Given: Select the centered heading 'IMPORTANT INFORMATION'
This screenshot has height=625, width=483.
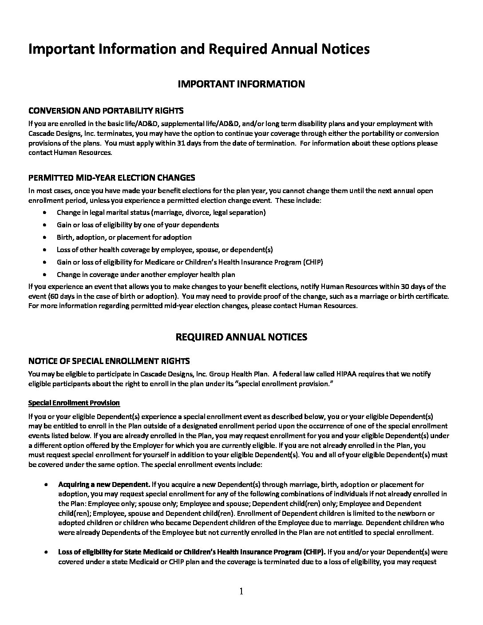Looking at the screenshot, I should [241, 84].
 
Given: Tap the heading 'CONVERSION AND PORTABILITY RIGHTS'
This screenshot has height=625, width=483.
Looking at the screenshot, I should [106, 111].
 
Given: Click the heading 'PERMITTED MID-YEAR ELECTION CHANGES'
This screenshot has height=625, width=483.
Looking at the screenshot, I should [111, 178].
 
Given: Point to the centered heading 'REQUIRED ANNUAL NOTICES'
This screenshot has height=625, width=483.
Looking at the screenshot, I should [241, 337].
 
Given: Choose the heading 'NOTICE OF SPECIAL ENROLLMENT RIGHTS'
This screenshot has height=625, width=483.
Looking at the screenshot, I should [109, 360].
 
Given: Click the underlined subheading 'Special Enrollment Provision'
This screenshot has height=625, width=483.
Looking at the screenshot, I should [74, 403].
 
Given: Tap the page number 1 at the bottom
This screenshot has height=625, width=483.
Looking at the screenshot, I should [241, 591].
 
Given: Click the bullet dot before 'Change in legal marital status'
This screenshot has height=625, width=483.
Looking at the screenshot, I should [46, 213].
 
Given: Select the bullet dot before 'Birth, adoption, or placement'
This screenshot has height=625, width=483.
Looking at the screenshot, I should [46, 237].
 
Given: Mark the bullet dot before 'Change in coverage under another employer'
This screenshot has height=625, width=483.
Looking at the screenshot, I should [46, 275].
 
